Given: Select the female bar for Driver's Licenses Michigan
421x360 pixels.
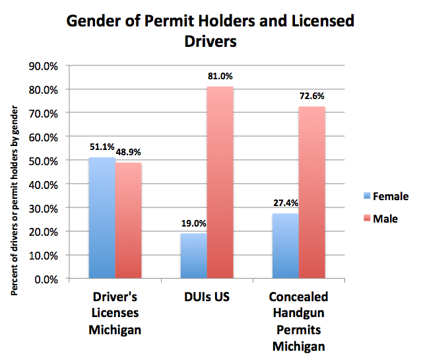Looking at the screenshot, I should (x=102, y=218).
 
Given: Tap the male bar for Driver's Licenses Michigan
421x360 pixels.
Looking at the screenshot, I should (x=128, y=221).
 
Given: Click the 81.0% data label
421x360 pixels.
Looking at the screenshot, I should (x=220, y=77).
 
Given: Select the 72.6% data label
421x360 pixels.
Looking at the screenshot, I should (x=311, y=96).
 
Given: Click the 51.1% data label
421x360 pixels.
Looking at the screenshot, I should (x=102, y=148).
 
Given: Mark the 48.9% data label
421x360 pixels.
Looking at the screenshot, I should (x=129, y=152).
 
